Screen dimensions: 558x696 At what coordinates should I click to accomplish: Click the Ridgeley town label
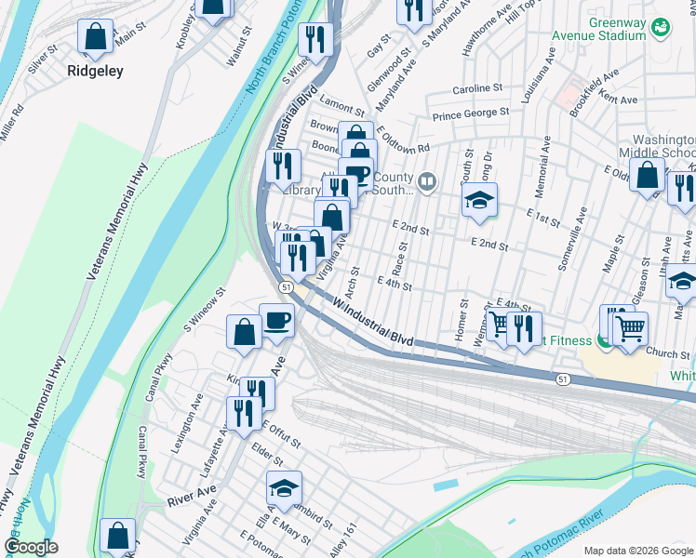pyautogui.click(x=95, y=71)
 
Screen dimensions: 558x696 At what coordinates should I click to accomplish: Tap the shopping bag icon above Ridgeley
pyautogui.click(x=95, y=37)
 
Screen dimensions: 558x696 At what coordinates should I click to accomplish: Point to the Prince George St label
pyautogui.click(x=470, y=113)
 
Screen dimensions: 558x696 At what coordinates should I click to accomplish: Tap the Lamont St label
pyautogui.click(x=341, y=100)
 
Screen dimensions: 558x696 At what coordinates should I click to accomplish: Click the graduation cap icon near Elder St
pyautogui.click(x=285, y=486)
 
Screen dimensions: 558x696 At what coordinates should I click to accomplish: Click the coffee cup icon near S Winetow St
pyautogui.click(x=276, y=321)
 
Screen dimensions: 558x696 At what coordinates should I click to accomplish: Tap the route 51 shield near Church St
pyautogui.click(x=564, y=379)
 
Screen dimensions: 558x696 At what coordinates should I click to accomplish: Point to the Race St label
pyautogui.click(x=401, y=247)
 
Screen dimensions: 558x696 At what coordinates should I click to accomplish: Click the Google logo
pyautogui.click(x=31, y=547)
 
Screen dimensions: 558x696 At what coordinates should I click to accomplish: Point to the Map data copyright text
pyautogui.click(x=638, y=550)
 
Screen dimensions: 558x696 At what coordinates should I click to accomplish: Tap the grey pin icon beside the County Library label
pyautogui.click(x=427, y=182)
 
